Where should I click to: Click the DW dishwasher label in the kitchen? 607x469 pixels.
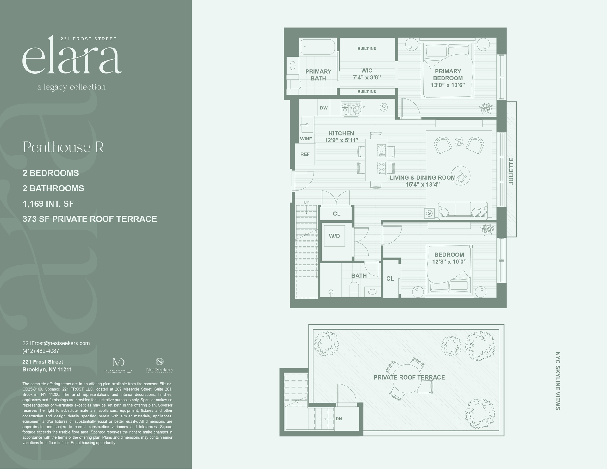(x=324, y=108)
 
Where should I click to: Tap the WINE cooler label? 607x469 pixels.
(x=306, y=139)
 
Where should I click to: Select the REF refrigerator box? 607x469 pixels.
(x=305, y=154)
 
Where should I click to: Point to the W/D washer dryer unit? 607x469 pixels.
(x=334, y=236)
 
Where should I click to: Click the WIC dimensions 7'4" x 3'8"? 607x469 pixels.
(x=367, y=77)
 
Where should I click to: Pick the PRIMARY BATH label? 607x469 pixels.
(x=318, y=75)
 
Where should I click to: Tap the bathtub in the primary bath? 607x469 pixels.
(x=318, y=47)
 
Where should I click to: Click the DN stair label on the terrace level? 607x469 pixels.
(x=339, y=419)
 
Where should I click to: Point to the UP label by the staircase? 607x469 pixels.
(x=306, y=202)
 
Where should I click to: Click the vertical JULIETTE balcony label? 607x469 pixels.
(x=511, y=171)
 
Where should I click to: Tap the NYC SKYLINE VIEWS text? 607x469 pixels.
(x=558, y=381)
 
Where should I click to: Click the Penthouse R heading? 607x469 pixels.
(x=63, y=147)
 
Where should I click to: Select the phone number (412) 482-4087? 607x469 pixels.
(x=41, y=351)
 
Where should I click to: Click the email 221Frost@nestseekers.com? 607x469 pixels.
(x=56, y=343)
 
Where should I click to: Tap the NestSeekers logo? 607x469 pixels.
(x=159, y=365)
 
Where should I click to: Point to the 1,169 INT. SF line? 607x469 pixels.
(x=48, y=204)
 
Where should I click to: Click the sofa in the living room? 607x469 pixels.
(x=463, y=210)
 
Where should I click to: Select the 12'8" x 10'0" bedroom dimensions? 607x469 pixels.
(x=449, y=262)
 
